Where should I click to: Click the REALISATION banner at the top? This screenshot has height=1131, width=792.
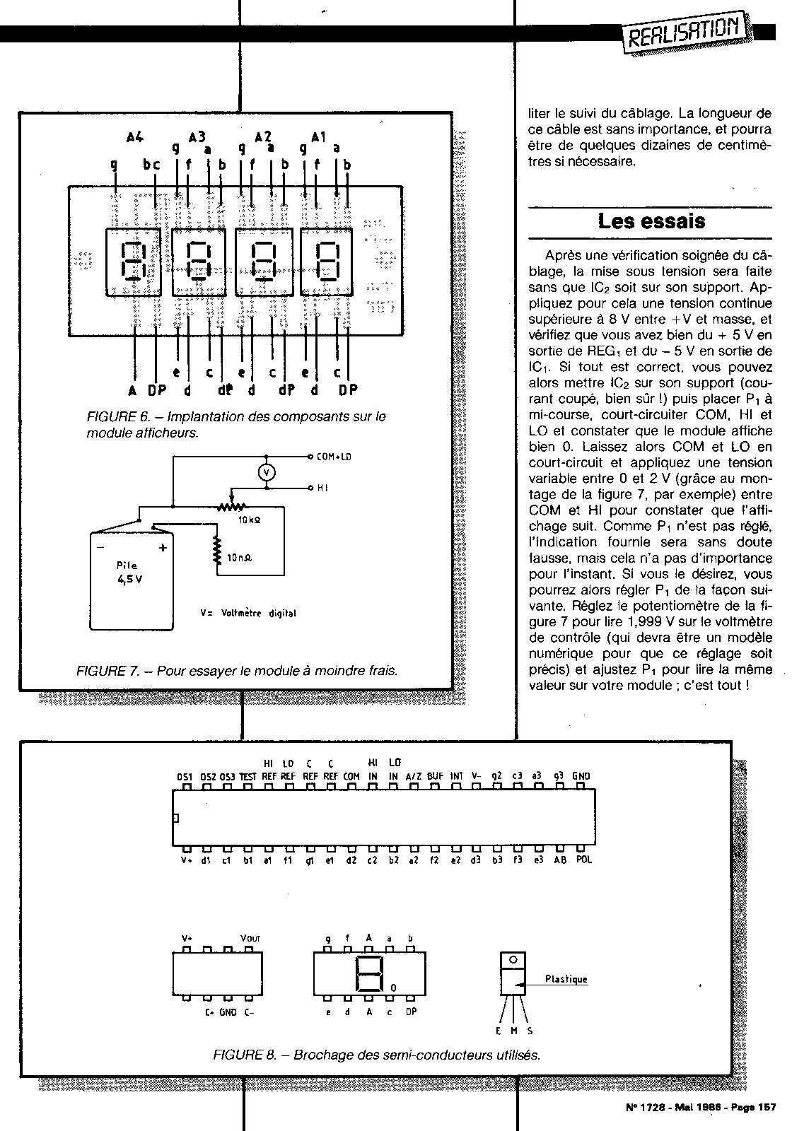click(684, 31)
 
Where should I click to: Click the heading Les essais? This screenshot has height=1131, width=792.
click(651, 221)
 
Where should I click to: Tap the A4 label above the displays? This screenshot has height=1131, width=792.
click(135, 137)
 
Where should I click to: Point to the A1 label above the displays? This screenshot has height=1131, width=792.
click(318, 137)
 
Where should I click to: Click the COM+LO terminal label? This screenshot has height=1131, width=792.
click(334, 457)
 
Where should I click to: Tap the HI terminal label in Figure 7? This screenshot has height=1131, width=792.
click(322, 488)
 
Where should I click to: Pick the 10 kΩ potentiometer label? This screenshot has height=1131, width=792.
click(250, 520)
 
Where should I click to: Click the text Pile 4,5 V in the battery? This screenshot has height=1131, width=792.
click(129, 573)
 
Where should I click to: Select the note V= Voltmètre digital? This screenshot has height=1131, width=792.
click(248, 613)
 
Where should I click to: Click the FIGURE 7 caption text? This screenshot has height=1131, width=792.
click(237, 670)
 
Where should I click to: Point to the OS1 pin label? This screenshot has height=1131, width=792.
click(185, 776)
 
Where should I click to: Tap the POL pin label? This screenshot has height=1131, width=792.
click(583, 860)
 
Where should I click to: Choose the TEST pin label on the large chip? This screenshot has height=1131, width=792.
click(248, 776)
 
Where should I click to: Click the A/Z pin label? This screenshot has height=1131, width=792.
click(414, 776)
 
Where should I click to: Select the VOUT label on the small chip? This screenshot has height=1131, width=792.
click(250, 938)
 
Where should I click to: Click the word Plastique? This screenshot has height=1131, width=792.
click(566, 979)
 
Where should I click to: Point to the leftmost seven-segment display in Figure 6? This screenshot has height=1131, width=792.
click(133, 262)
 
